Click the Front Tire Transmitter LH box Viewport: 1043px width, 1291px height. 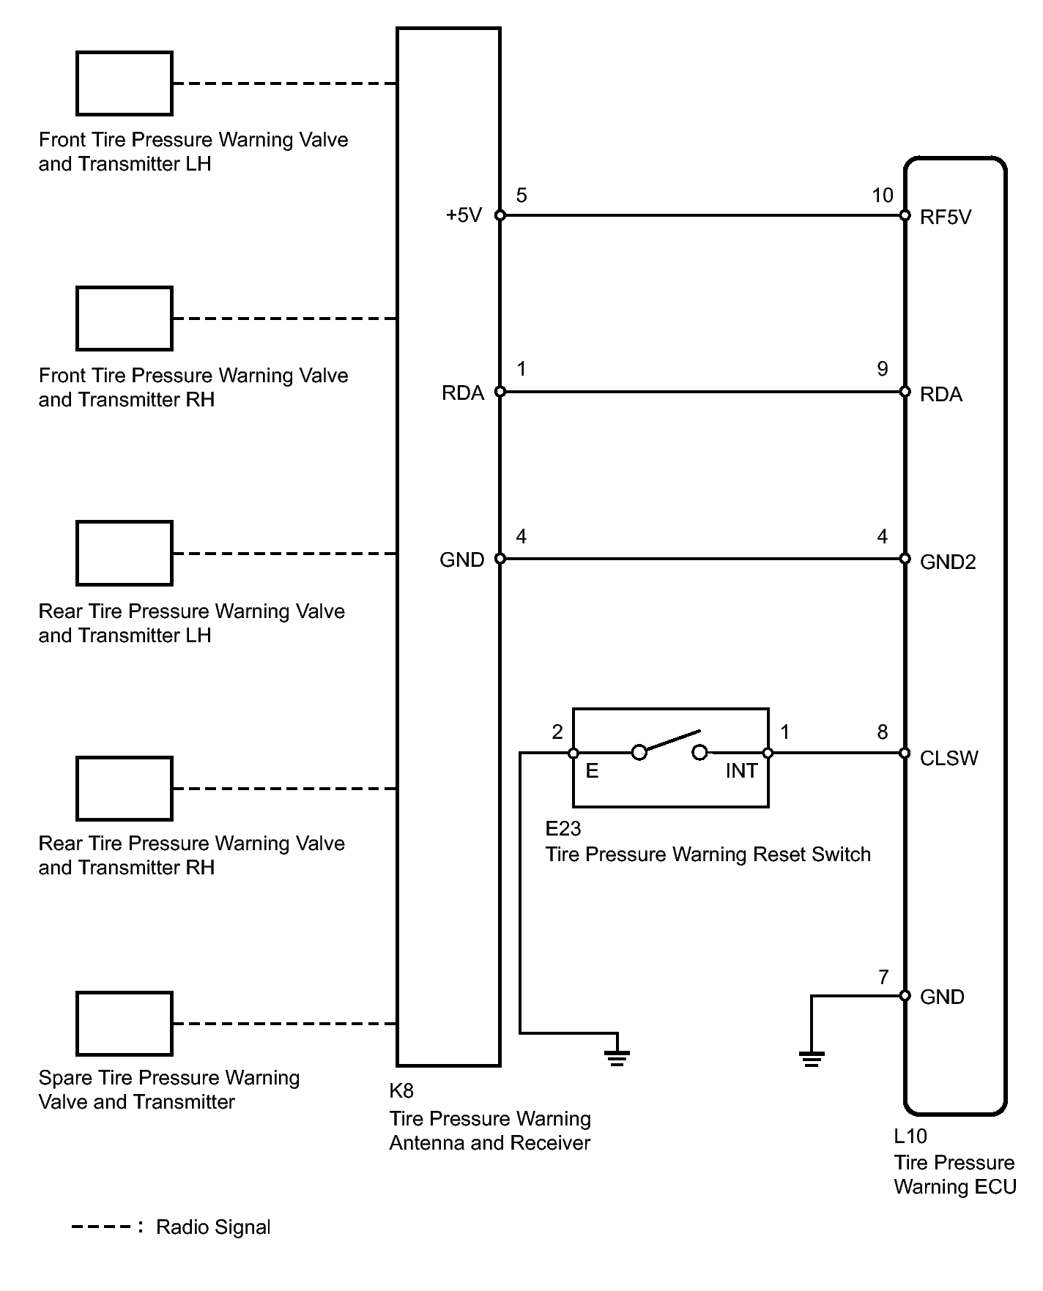pos(124,83)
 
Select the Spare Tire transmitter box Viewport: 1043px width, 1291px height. pos(124,1023)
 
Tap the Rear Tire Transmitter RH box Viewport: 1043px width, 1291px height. pos(124,788)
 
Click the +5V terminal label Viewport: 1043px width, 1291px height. pos(464,215)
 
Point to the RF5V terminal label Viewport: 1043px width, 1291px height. pos(946,217)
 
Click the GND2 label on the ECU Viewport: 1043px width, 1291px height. pos(948,562)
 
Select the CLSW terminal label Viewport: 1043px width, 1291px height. pos(949,758)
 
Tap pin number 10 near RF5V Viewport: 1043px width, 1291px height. pos(883,196)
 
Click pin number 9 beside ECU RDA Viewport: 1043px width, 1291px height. pos(883,369)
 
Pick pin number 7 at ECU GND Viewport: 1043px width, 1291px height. pos(883,977)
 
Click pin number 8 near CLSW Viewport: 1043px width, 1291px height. pos(883,732)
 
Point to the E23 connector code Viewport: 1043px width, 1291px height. pos(563,828)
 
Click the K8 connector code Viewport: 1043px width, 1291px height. pos(401,1090)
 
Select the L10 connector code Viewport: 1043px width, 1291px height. pos(910,1136)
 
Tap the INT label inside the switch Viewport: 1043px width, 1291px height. pos(741,771)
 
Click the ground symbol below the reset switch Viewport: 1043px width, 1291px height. pos(617,1057)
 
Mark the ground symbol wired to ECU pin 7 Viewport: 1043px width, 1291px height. pos(811,1058)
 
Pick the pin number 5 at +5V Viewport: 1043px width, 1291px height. pos(521,196)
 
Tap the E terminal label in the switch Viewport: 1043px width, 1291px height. pos(592,771)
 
